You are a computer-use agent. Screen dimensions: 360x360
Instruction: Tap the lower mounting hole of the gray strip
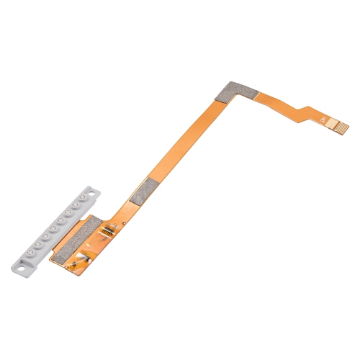[x=21, y=269]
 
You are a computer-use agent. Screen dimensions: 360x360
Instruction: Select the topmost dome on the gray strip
[x=82, y=197]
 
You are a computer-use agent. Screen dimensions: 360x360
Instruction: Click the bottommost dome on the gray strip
[x=30, y=252]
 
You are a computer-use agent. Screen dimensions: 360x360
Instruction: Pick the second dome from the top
[x=76, y=204]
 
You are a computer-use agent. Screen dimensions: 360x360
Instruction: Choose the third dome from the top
[x=68, y=212]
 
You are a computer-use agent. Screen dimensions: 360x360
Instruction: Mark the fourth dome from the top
[x=60, y=220]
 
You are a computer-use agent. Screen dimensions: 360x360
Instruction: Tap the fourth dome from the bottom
[x=53, y=228]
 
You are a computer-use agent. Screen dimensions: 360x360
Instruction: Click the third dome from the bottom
[x=45, y=236]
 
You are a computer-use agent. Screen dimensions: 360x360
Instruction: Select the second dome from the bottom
[x=38, y=244]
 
